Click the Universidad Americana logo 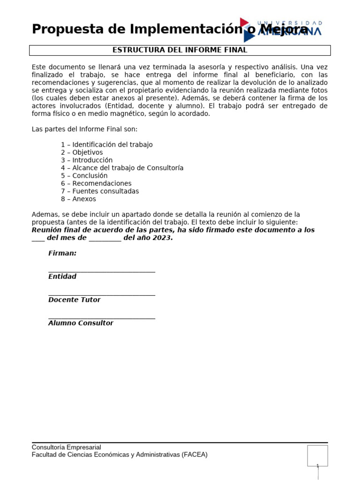click(281, 30)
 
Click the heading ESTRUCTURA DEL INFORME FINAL click(180, 50)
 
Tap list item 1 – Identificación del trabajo click(106, 145)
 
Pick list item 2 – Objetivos click(82, 152)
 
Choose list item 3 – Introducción click(87, 160)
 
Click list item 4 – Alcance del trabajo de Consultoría click(122, 168)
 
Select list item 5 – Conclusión click(84, 176)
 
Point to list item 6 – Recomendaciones click(96, 183)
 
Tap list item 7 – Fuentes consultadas click(99, 191)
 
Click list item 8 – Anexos click(78, 199)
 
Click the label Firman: click(62, 253)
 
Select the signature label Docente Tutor click(74, 300)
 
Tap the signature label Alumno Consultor click(81, 323)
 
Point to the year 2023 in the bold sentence click(162, 238)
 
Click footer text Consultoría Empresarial click(66, 447)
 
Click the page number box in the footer click(317, 456)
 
